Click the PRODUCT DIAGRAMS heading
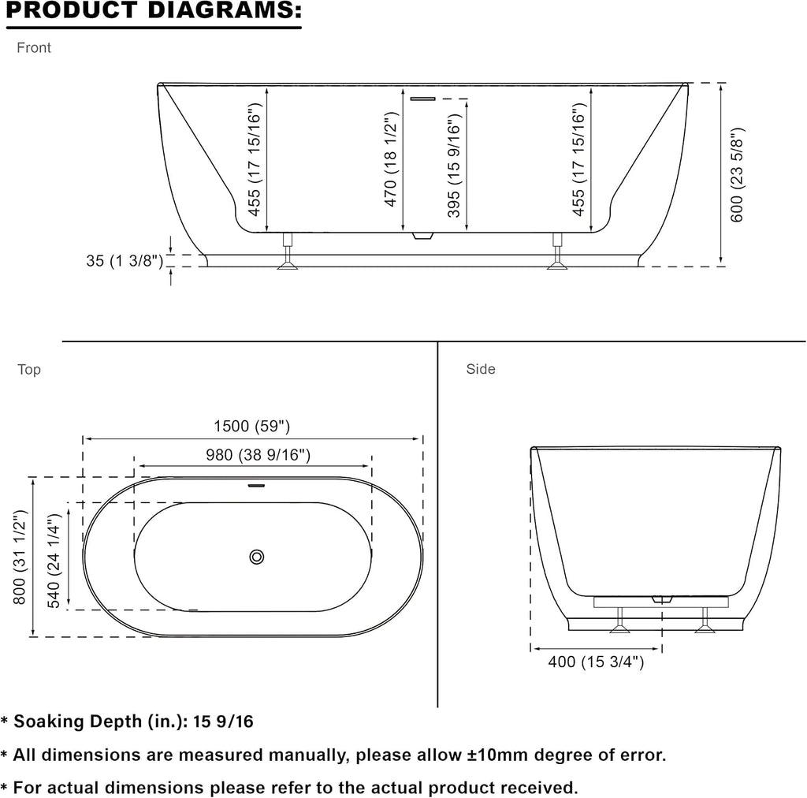pos(154,11)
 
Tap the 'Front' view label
pos(34,48)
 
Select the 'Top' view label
pos(29,370)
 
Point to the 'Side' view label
pos(481,369)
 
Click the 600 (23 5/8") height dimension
pos(737,174)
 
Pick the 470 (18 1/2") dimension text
pos(391,159)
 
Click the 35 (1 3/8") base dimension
pos(125,260)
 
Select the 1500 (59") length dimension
pos(251,427)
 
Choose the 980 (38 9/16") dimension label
pos(258,455)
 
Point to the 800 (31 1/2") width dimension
pos(19,557)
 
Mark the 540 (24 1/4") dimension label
pos(54,561)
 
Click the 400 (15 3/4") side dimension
pos(596,662)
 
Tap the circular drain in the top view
pos(257,557)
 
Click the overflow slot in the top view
pos(256,486)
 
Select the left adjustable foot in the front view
pos(288,252)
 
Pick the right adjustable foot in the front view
pos(557,252)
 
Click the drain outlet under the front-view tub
pos(423,237)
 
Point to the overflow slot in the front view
pos(422,99)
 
